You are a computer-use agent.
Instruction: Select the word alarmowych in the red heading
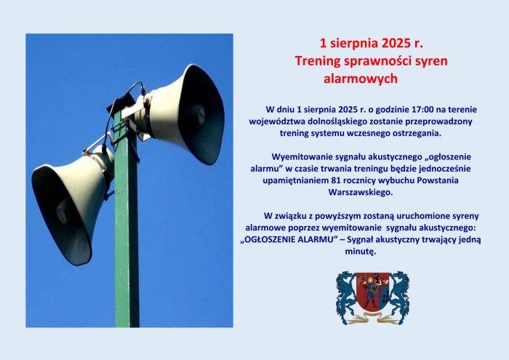click(361, 79)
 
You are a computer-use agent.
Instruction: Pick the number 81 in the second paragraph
click(336, 180)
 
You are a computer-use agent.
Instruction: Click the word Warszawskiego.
click(361, 193)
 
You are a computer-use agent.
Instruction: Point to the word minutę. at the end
click(361, 252)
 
